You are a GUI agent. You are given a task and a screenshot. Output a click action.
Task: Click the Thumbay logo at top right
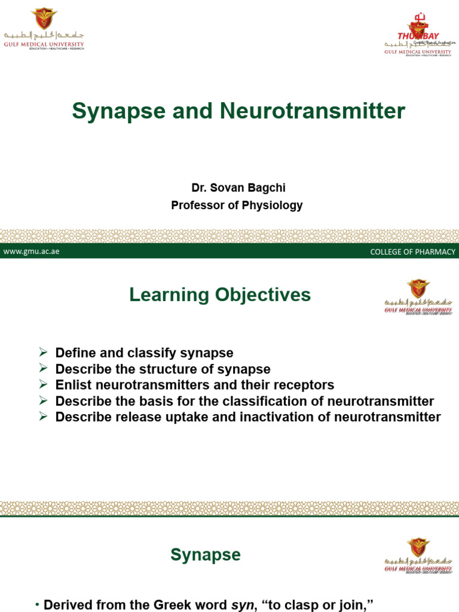418,36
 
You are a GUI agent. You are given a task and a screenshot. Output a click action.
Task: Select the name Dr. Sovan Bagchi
238,188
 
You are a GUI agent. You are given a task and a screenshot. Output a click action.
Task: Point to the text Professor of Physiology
237,205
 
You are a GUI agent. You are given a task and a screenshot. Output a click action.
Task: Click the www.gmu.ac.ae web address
31,252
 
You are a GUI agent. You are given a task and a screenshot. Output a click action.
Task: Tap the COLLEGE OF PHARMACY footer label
412,252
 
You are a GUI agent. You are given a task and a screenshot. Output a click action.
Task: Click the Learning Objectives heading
221,295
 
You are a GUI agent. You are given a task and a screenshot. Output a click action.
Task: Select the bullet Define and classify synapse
144,353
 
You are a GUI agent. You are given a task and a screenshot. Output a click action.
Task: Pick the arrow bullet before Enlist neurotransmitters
43,385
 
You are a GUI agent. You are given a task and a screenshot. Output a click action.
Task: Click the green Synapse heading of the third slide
206,555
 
